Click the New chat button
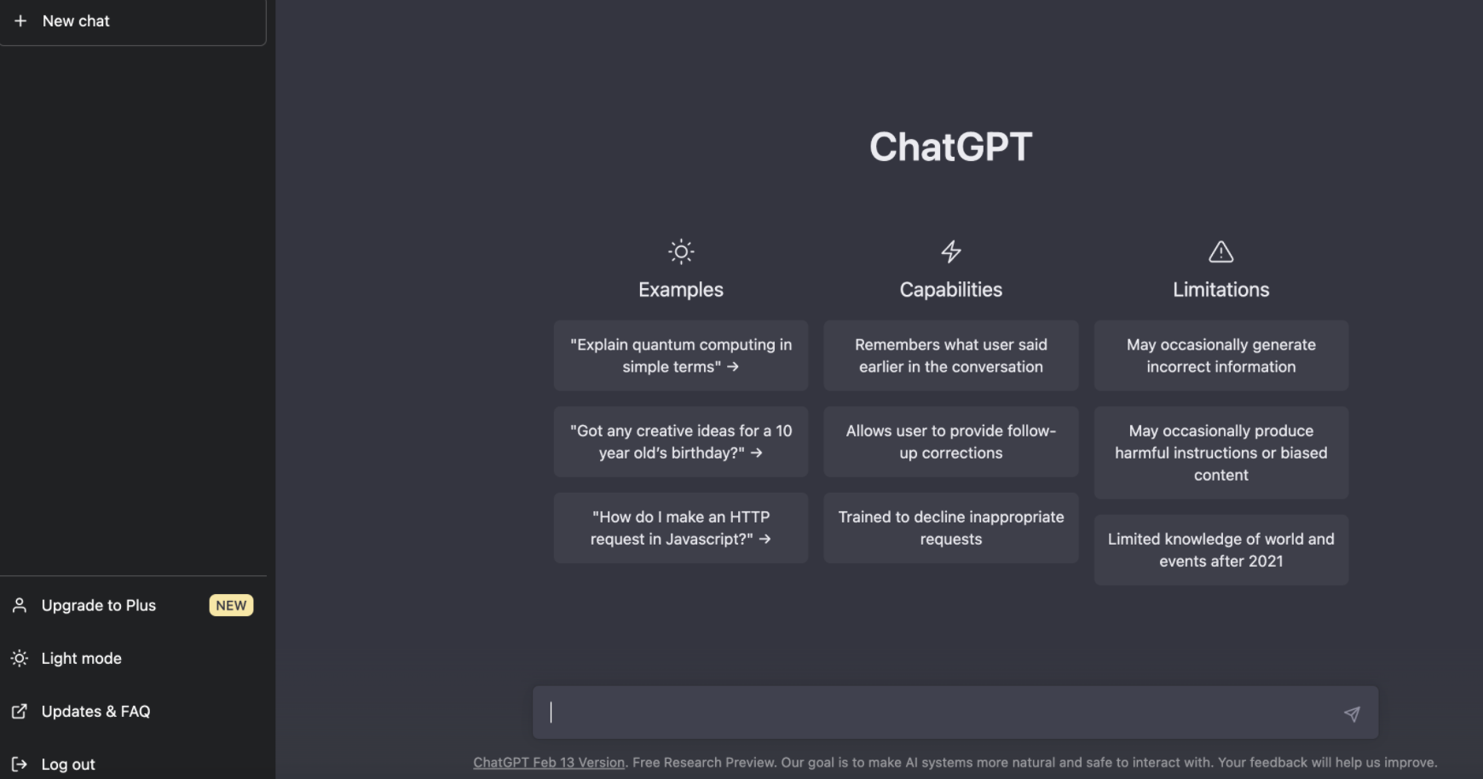coord(76,21)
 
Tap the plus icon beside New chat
coord(20,20)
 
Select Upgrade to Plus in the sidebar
coord(98,605)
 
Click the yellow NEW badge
coord(231,605)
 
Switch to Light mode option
coord(81,658)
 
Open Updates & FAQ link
coord(95,711)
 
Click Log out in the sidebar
coord(67,764)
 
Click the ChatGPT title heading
coord(950,147)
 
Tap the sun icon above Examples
coord(681,251)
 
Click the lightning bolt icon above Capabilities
coord(951,251)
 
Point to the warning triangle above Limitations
coord(1220,251)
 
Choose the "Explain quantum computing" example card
coord(681,355)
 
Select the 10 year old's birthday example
coord(681,441)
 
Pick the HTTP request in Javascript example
coord(681,528)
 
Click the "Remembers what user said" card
coord(950,355)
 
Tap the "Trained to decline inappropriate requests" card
coord(950,528)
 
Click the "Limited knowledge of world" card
coord(1220,550)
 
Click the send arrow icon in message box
coord(1352,713)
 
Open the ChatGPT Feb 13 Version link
coord(549,763)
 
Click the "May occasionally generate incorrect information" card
coord(1220,355)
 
